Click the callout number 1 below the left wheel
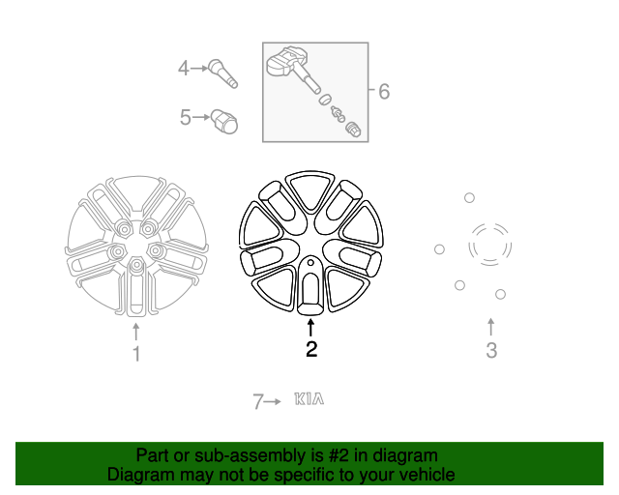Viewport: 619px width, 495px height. point(136,355)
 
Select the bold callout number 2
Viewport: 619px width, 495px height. point(311,350)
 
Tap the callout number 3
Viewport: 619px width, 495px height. point(491,350)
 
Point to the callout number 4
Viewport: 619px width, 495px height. point(183,68)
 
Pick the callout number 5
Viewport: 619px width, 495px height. point(185,118)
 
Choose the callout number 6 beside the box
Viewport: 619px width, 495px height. point(384,92)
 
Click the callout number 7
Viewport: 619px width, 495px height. point(257,401)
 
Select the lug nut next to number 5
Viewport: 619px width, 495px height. point(225,122)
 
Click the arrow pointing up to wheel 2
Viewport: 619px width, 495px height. point(311,327)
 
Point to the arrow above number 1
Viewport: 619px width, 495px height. point(136,333)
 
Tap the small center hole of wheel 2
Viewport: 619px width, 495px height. point(309,262)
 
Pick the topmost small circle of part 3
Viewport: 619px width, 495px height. point(469,198)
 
